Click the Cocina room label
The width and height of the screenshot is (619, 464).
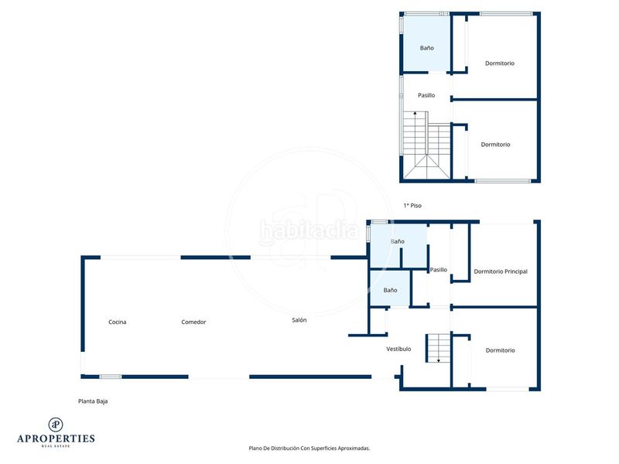pyautogui.click(x=118, y=322)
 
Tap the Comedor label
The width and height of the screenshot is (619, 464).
pyautogui.click(x=193, y=322)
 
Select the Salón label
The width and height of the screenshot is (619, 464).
pyautogui.click(x=299, y=320)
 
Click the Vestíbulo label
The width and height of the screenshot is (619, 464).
pyautogui.click(x=398, y=349)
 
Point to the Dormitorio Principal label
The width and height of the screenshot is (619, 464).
pyautogui.click(x=501, y=271)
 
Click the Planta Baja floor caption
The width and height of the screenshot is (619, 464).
pyautogui.click(x=93, y=401)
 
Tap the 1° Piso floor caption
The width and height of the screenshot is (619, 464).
pyautogui.click(x=412, y=206)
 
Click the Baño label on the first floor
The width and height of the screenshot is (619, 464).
pyautogui.click(x=427, y=48)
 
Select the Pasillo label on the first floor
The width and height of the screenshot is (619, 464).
pyautogui.click(x=426, y=95)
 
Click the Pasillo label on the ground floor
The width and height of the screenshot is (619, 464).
pyautogui.click(x=438, y=270)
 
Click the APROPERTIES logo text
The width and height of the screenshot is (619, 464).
pyautogui.click(x=56, y=438)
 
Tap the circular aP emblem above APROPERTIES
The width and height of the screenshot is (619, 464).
pyautogui.click(x=56, y=425)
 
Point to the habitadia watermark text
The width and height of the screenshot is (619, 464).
pyautogui.click(x=309, y=230)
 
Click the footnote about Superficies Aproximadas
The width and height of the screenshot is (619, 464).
pyautogui.click(x=309, y=449)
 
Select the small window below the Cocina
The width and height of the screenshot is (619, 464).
pyautogui.click(x=110, y=377)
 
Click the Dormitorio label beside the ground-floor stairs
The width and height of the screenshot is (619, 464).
pyautogui.click(x=500, y=350)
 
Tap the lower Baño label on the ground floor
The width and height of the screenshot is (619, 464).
pyautogui.click(x=390, y=290)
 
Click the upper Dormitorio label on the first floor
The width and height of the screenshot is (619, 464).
pyautogui.click(x=499, y=63)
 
